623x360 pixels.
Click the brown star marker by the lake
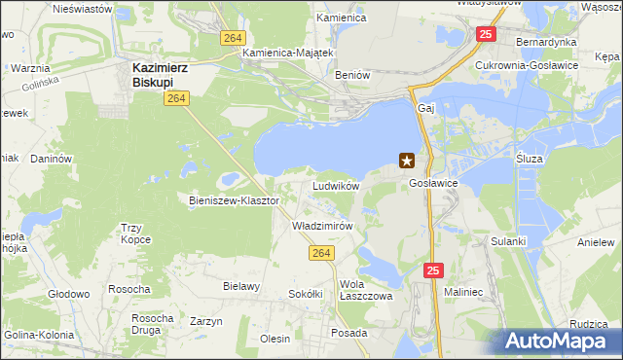click(x=407, y=162)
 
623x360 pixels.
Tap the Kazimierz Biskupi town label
click(x=160, y=75)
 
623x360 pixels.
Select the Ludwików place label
click(x=336, y=185)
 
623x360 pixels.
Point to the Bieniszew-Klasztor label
click(x=234, y=200)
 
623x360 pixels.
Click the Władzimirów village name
click(x=321, y=225)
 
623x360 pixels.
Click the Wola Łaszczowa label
click(x=365, y=290)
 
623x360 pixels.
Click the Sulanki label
click(x=508, y=240)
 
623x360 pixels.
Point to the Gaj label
click(x=424, y=108)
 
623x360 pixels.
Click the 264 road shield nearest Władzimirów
click(x=323, y=253)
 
